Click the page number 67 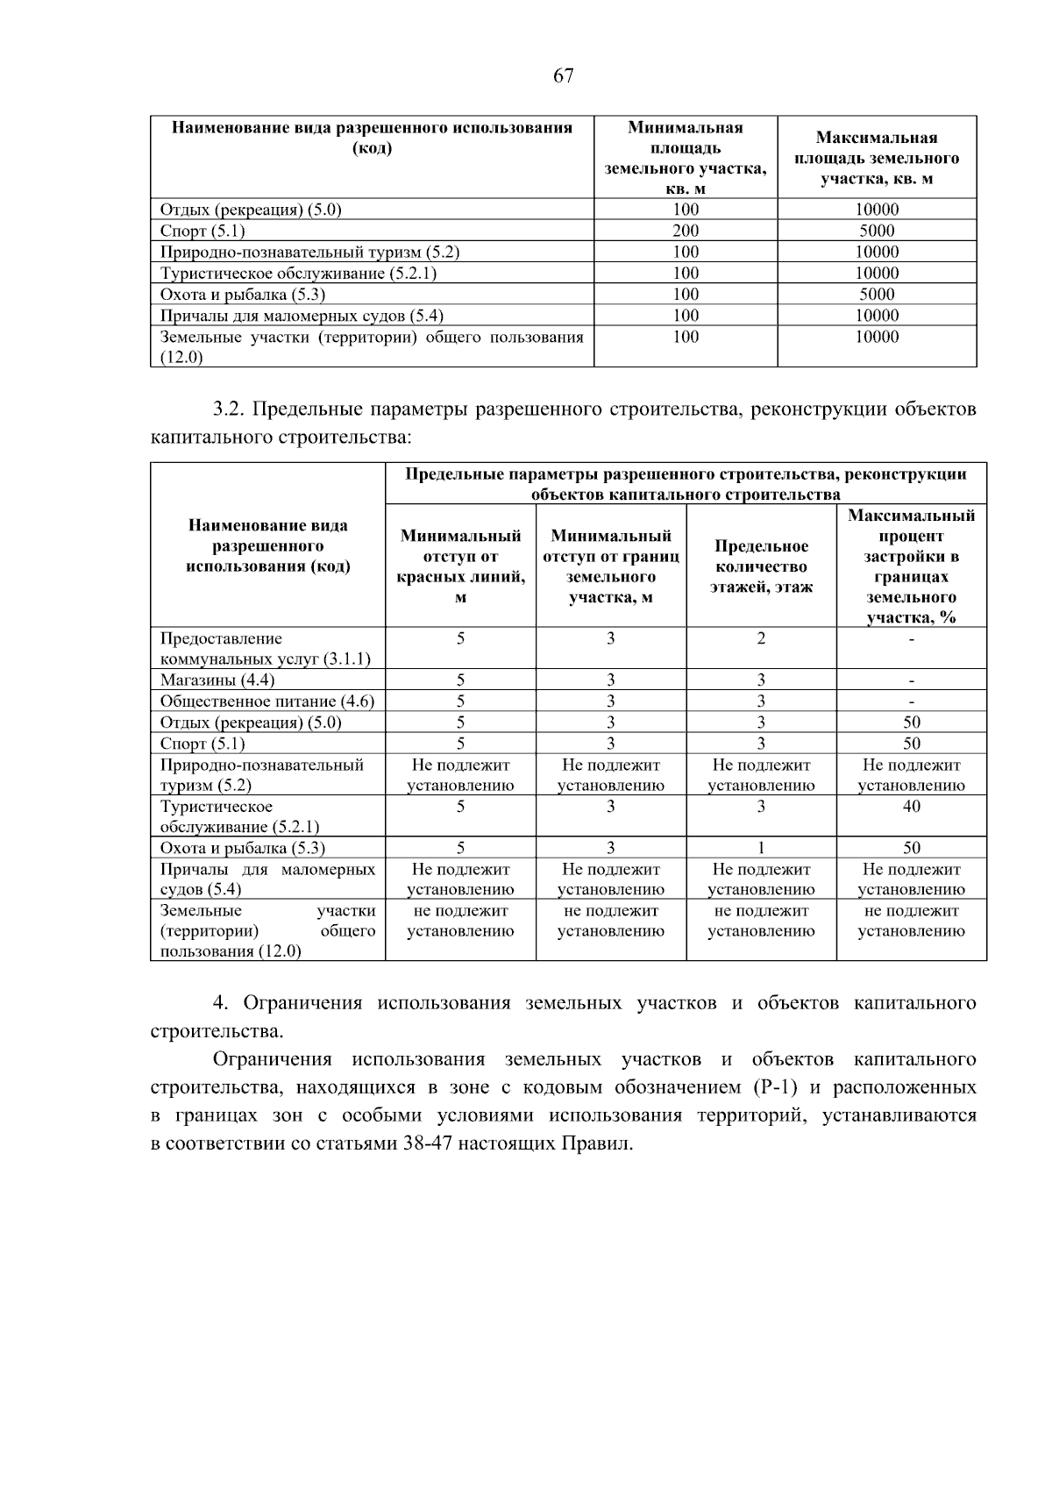click(564, 76)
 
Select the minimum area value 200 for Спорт click(686, 231)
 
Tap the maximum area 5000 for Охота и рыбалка click(877, 295)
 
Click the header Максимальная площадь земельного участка click(877, 158)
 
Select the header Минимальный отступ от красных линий click(460, 566)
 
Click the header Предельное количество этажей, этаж click(761, 566)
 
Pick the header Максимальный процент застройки click(911, 566)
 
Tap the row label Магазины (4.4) click(217, 680)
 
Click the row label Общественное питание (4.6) click(267, 701)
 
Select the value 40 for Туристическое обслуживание click(911, 807)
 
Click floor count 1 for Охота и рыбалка click(761, 848)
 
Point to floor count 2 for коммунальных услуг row click(761, 639)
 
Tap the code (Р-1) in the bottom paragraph click(771, 1088)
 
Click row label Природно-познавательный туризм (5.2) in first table click(309, 253)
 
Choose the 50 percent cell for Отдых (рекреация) click(911, 723)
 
